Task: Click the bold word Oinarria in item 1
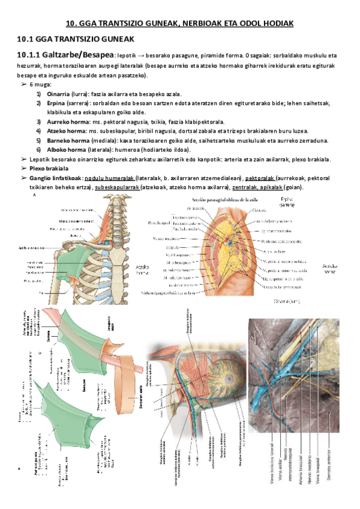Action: point(59,94)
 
